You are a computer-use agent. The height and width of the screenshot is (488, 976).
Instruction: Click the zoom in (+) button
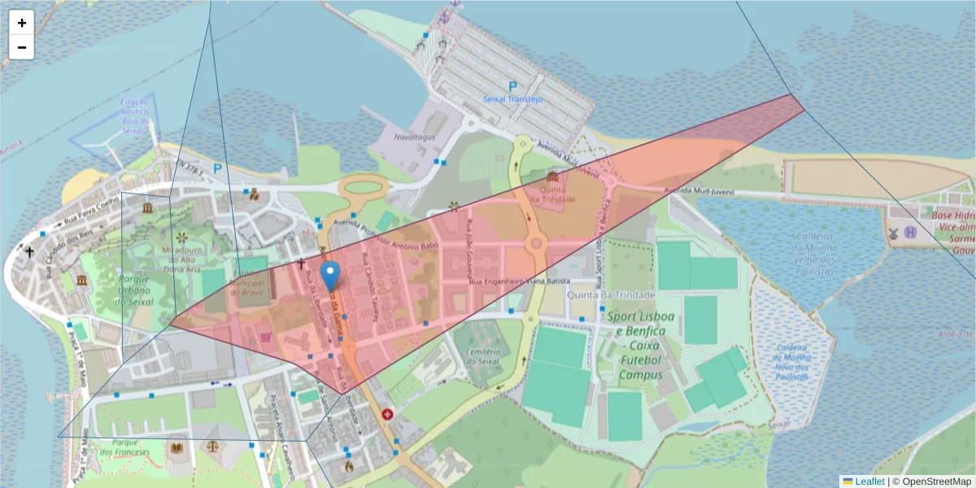click(x=21, y=23)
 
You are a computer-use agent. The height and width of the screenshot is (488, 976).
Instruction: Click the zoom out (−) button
click(x=21, y=47)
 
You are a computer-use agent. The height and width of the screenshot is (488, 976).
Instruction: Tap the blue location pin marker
click(x=329, y=276)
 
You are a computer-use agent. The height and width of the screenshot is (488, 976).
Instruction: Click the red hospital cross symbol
click(x=387, y=414)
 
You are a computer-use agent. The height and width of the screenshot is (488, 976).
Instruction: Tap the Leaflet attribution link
click(x=869, y=481)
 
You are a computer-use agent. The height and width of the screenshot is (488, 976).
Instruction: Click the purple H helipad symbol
click(x=911, y=233)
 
